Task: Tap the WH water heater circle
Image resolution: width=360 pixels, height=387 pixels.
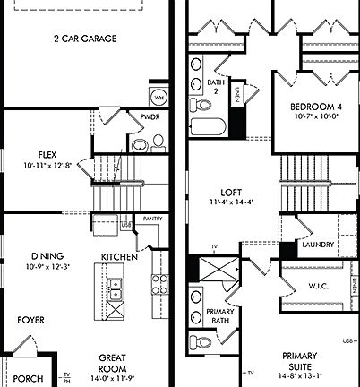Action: coord(159,97)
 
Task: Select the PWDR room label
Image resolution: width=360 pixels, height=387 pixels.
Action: coord(150,117)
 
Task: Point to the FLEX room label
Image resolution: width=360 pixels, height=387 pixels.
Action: coord(47,154)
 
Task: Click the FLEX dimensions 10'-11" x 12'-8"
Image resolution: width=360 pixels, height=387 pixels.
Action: coord(47,165)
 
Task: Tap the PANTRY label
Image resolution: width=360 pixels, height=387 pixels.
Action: coord(151,218)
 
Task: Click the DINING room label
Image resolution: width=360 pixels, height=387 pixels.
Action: coord(47,255)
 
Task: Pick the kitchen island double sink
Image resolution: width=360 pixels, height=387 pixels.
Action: coord(116,288)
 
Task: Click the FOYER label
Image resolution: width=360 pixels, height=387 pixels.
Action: coord(32,319)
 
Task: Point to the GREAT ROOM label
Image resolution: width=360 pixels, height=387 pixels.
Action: coord(112,363)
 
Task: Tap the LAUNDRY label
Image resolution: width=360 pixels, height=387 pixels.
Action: coord(319,245)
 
